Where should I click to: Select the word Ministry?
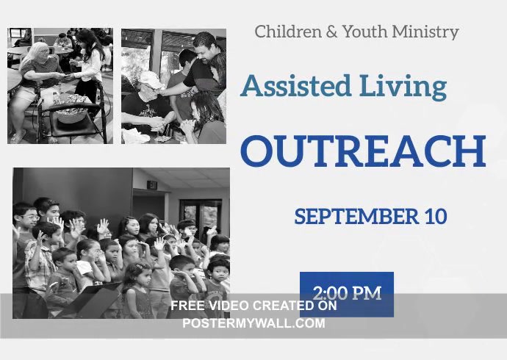point(428,32)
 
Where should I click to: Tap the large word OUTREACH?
point(363,151)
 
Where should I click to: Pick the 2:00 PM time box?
point(347,293)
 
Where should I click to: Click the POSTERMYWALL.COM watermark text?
point(253,323)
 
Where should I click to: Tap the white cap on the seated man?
point(151,79)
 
